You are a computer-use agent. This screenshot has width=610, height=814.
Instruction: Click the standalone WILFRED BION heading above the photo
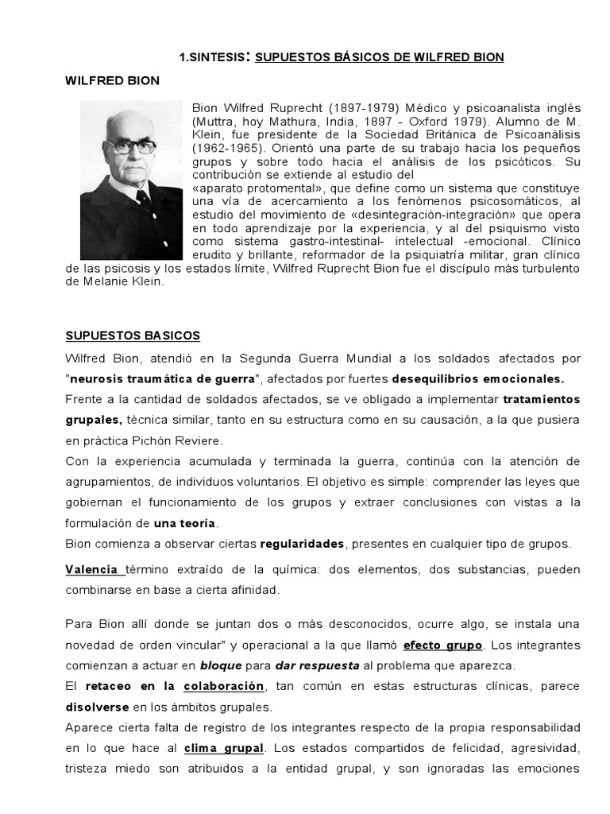[x=111, y=81]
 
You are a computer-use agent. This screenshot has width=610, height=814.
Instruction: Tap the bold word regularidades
[x=302, y=544]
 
